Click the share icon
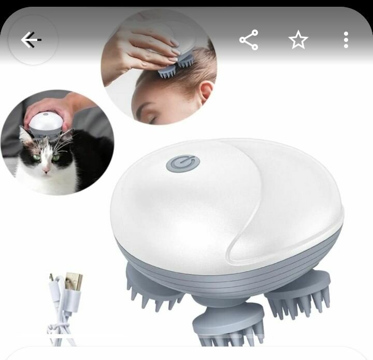click(249, 40)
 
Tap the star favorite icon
click(298, 40)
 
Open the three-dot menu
click(346, 40)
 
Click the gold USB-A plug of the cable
click(74, 282)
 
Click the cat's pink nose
click(46, 169)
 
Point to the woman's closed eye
click(151, 118)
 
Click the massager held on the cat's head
click(45, 124)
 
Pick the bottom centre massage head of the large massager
click(228, 324)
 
